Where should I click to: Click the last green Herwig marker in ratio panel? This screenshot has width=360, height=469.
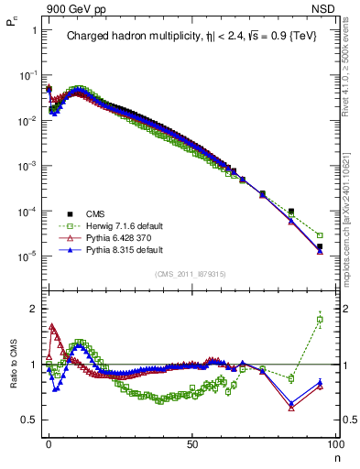click(320, 320)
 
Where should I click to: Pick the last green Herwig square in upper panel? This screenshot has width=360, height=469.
click(320, 235)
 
